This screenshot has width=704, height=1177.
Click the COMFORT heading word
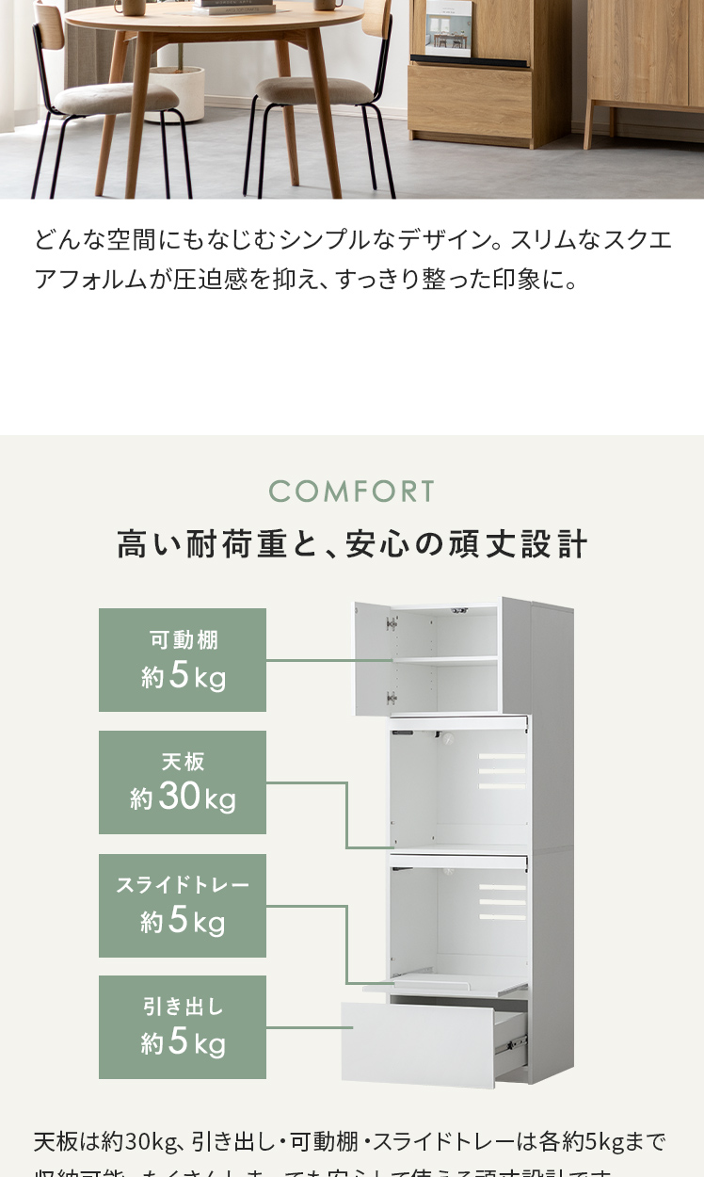pyautogui.click(x=352, y=491)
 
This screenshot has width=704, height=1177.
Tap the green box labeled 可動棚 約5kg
pyautogui.click(x=183, y=660)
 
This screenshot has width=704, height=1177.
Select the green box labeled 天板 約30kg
pyautogui.click(x=183, y=782)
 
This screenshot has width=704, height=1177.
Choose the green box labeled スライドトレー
pyautogui.click(x=183, y=906)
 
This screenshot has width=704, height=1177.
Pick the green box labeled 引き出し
pyautogui.click(x=183, y=1027)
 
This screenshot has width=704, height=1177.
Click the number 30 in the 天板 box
pyautogui.click(x=180, y=797)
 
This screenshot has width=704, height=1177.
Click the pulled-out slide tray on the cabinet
pyautogui.click(x=446, y=985)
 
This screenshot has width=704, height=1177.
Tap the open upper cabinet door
pyautogui.click(x=373, y=657)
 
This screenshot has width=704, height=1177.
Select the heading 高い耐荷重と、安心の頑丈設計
pyautogui.click(x=352, y=544)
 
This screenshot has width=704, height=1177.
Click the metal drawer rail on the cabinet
pyautogui.click(x=513, y=1040)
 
